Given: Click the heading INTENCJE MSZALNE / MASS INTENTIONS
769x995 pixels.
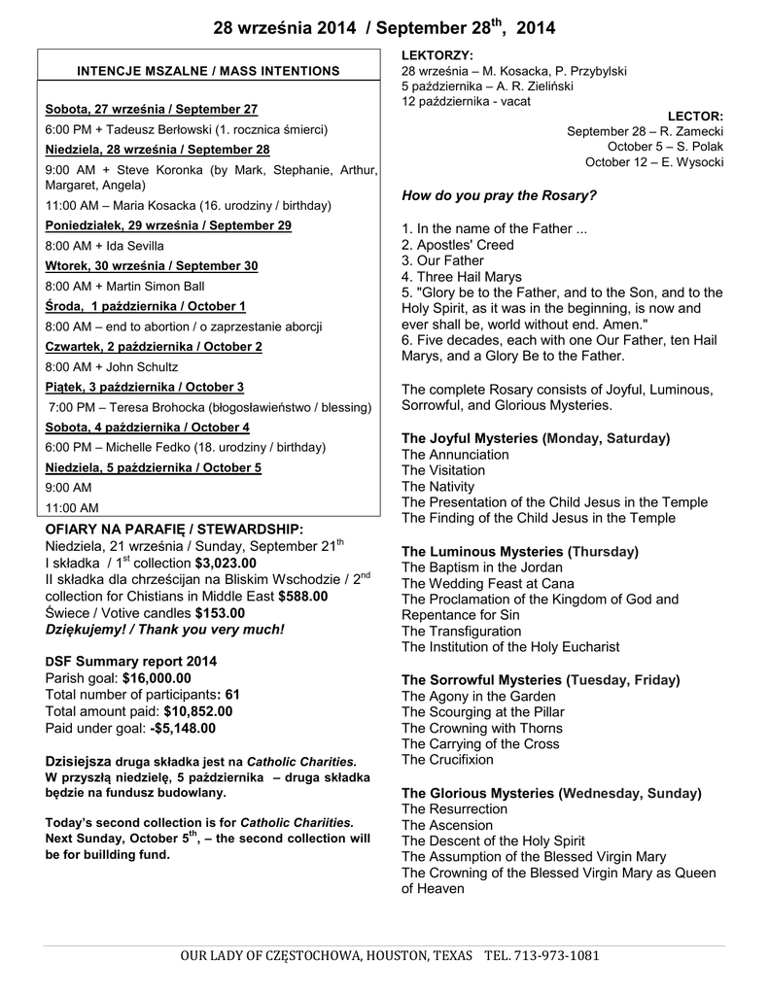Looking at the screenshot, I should (x=209, y=71).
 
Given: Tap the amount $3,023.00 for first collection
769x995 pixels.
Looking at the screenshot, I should (x=226, y=563).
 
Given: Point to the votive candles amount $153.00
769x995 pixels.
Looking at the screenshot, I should (x=220, y=613).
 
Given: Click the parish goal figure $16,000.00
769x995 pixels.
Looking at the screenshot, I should (x=157, y=678).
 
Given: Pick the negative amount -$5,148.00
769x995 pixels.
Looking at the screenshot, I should (x=183, y=728).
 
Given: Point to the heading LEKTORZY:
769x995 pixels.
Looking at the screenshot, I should (x=437, y=55).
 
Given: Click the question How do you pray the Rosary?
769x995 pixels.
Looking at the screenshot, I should (x=499, y=195).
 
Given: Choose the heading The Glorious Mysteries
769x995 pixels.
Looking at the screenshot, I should (x=476, y=793).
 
